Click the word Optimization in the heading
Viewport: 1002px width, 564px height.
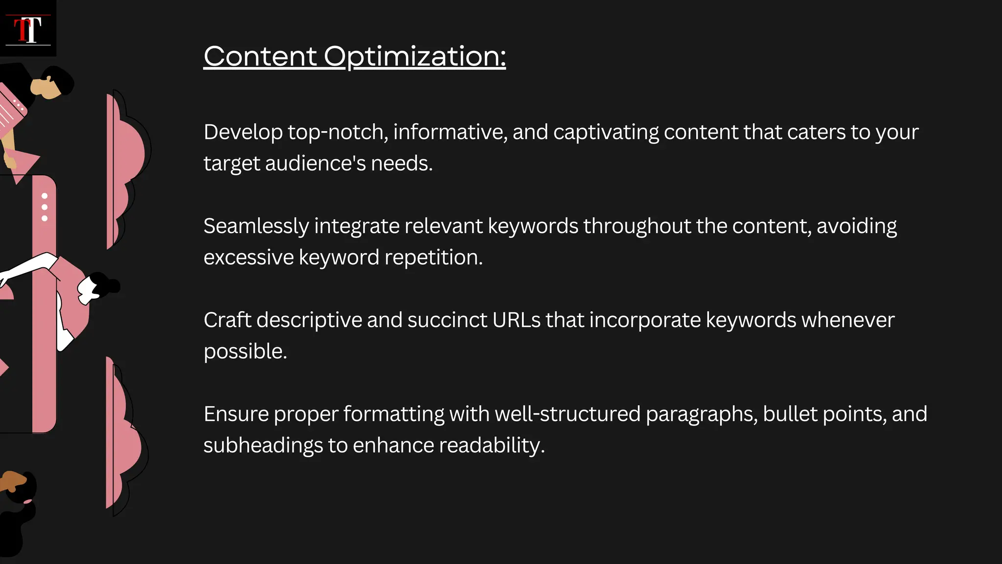[x=414, y=56]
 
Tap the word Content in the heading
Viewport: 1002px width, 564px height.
[x=260, y=56]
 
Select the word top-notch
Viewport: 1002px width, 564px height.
[x=338, y=132]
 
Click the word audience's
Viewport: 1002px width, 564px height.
[x=315, y=164]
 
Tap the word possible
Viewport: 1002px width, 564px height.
[x=245, y=352]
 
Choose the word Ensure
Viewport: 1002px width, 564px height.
[x=236, y=414]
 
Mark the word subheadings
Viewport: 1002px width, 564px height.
[x=263, y=446]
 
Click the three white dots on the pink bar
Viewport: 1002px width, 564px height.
[x=45, y=207]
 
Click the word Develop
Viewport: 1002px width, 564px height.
[x=243, y=132]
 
